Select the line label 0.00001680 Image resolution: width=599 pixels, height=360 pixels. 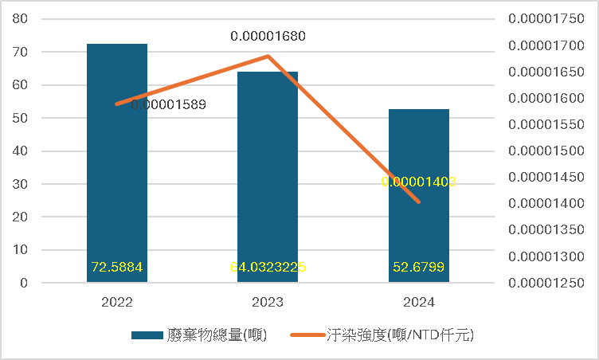(268, 36)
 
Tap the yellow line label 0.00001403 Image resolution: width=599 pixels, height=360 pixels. (418, 182)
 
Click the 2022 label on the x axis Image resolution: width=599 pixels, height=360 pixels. (116, 303)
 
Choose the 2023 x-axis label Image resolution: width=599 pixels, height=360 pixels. (268, 303)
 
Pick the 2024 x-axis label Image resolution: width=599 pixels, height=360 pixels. (419, 303)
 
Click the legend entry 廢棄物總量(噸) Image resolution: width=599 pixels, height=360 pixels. (199, 335)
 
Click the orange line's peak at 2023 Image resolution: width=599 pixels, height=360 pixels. (268, 56)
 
